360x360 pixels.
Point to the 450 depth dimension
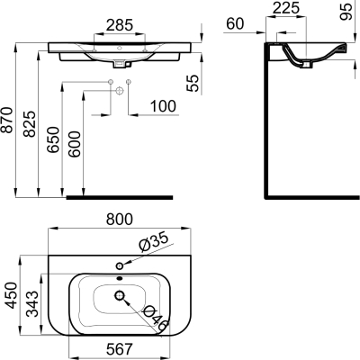click(9, 293)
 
